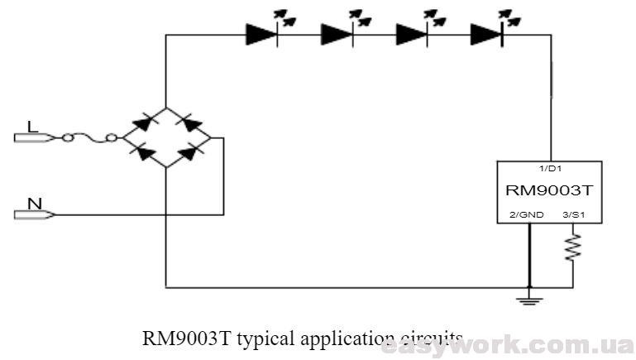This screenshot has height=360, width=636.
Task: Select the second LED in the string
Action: (x=337, y=34)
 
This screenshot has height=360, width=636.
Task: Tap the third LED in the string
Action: (x=412, y=34)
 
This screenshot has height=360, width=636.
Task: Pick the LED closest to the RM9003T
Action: (x=485, y=34)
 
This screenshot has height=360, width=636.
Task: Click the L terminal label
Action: (x=32, y=127)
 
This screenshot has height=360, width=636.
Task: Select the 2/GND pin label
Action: (x=527, y=214)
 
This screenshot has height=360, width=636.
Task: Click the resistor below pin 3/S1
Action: (x=571, y=247)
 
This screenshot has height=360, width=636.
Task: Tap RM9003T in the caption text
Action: (x=179, y=338)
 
